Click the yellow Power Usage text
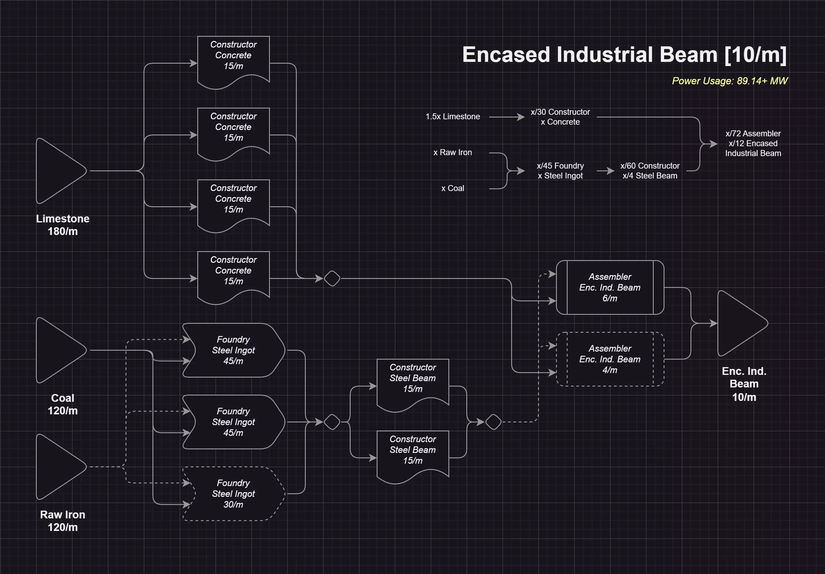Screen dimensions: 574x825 [x=729, y=81]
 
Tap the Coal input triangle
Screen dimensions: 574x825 [x=59, y=350]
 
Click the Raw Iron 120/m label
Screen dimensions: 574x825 [x=62, y=521]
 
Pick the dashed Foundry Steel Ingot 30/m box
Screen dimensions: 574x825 [x=233, y=494]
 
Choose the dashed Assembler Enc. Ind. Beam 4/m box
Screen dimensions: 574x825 [x=610, y=359]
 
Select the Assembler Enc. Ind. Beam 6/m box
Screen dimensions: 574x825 [x=610, y=287]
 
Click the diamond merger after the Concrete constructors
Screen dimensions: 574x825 [x=332, y=279]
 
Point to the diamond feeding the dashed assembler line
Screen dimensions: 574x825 [x=493, y=422]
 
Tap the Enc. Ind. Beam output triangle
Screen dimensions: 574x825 [x=740, y=323]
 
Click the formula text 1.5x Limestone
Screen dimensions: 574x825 [x=453, y=117]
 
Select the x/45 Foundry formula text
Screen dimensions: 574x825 [x=560, y=171]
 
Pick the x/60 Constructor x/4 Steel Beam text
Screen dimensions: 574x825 [x=650, y=171]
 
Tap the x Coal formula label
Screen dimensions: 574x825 [x=453, y=188]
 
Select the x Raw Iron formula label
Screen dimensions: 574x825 [x=453, y=152]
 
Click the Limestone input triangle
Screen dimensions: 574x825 [x=59, y=171]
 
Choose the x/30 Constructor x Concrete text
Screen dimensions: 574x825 [x=560, y=117]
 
